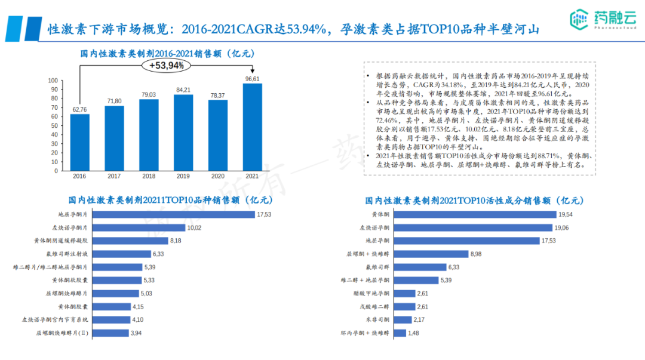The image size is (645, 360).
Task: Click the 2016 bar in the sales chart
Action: tap(79, 142)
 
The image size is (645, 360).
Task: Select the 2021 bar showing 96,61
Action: tap(253, 127)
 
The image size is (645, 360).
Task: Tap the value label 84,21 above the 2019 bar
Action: tap(183, 90)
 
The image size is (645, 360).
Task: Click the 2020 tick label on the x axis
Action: tap(217, 176)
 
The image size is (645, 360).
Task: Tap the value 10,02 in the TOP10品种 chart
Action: tap(195, 227)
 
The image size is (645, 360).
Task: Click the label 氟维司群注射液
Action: tap(68, 254)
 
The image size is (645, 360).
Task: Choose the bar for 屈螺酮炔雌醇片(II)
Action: tap(111, 333)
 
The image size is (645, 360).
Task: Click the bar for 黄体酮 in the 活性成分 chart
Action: tap(474, 214)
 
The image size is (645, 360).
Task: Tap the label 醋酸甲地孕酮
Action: tap(371, 293)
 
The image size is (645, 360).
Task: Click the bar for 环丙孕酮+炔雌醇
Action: tap(400, 333)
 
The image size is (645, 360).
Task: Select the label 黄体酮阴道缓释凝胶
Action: tap(61, 241)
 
